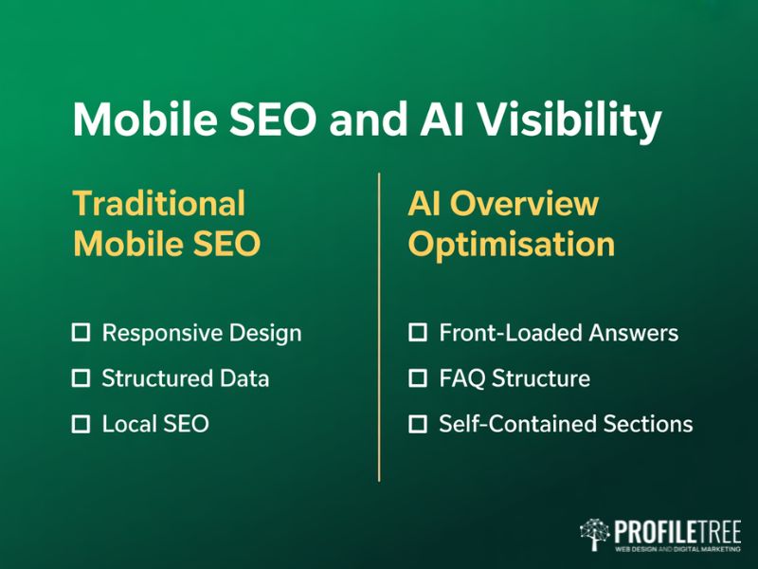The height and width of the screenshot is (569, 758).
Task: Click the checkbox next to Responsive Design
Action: coord(81,333)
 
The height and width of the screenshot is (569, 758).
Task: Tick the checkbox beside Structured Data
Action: coord(81,378)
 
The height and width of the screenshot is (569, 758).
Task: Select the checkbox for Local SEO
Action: coord(81,424)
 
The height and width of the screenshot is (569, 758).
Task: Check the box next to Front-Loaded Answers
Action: coord(418,333)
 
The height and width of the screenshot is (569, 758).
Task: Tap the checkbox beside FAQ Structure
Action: coord(418,378)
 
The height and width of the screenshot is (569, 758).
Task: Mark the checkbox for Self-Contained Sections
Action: coord(418,424)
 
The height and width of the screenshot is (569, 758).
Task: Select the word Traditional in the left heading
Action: coord(159,204)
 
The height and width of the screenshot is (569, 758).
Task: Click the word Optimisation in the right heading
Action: coord(512,244)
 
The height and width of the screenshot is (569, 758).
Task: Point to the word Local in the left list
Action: coord(126,424)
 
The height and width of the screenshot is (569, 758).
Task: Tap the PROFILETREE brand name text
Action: coord(677,529)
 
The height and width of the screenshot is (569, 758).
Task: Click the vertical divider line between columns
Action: coord(379,327)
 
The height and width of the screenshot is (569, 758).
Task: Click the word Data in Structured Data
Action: coord(245,378)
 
